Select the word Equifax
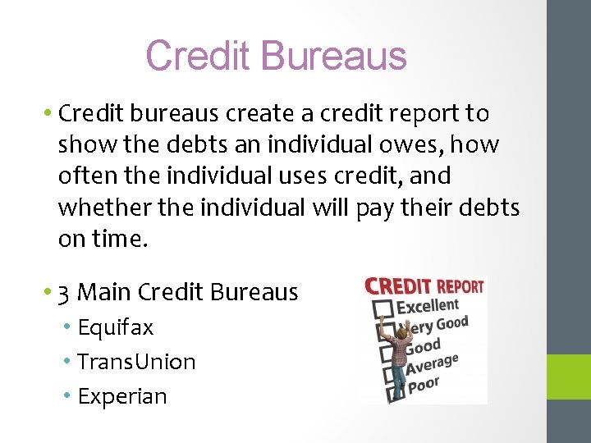115,327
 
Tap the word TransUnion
136,362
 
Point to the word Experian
121,396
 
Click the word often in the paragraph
81,176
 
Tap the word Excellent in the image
428,306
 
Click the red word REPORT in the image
460,287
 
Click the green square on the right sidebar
569,376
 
